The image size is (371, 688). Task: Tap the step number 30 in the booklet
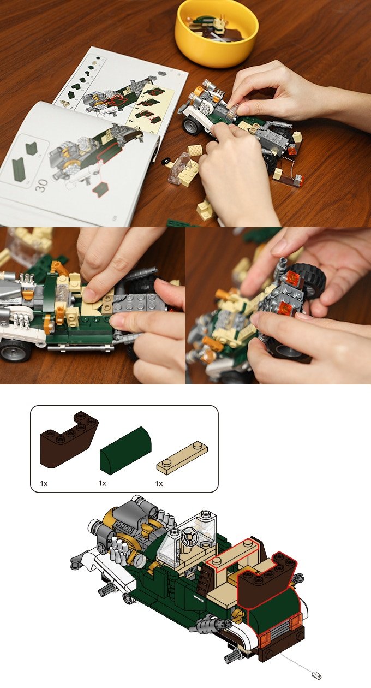(x=41, y=186)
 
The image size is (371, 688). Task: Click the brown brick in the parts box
(x=69, y=440)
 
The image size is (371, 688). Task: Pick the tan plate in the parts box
(x=182, y=458)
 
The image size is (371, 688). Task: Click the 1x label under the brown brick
(x=44, y=483)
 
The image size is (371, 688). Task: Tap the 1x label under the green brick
(x=102, y=483)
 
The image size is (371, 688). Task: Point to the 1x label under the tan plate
(x=159, y=483)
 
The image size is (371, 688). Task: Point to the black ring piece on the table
(x=166, y=161)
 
